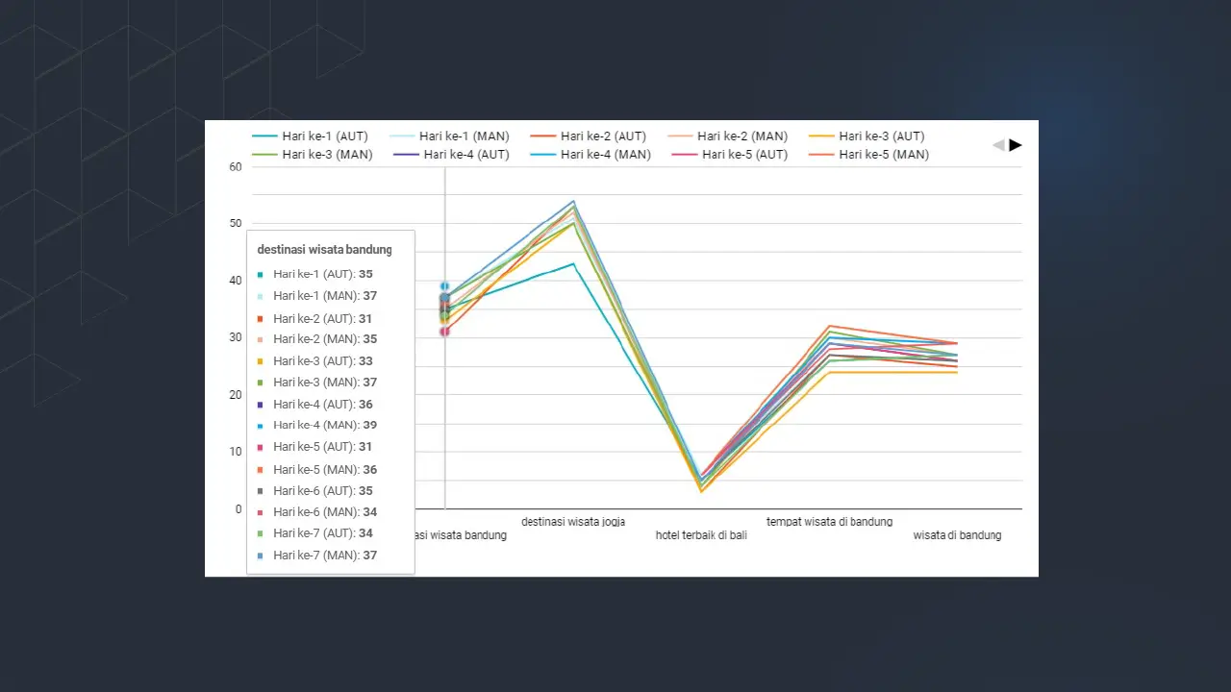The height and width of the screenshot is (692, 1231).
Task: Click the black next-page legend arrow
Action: pyautogui.click(x=1016, y=145)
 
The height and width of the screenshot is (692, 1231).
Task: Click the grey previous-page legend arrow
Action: pyautogui.click(x=998, y=145)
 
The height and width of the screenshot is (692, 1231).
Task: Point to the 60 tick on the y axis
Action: pyautogui.click(x=236, y=166)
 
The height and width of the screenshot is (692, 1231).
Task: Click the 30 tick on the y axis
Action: pyautogui.click(x=236, y=337)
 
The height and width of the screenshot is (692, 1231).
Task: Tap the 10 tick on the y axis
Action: pyautogui.click(x=236, y=452)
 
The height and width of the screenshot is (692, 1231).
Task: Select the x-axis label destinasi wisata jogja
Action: pyautogui.click(x=573, y=522)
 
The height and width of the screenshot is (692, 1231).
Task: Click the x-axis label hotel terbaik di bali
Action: pyautogui.click(x=701, y=535)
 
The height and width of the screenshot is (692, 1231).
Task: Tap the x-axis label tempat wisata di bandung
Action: pyautogui.click(x=829, y=522)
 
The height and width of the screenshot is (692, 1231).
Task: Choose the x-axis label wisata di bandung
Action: pyautogui.click(x=957, y=535)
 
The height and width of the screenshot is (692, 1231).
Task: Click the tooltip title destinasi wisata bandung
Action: pyautogui.click(x=324, y=250)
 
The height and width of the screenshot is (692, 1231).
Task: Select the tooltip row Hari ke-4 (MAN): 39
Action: pyautogui.click(x=324, y=425)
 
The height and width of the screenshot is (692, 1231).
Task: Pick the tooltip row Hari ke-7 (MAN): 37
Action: pyautogui.click(x=324, y=555)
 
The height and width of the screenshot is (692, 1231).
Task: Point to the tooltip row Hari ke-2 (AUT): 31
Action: pyautogui.click(x=322, y=318)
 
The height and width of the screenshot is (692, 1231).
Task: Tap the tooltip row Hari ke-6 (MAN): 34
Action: pyautogui.click(x=324, y=511)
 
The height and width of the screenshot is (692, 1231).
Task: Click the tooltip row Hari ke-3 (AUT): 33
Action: pyautogui.click(x=322, y=361)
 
